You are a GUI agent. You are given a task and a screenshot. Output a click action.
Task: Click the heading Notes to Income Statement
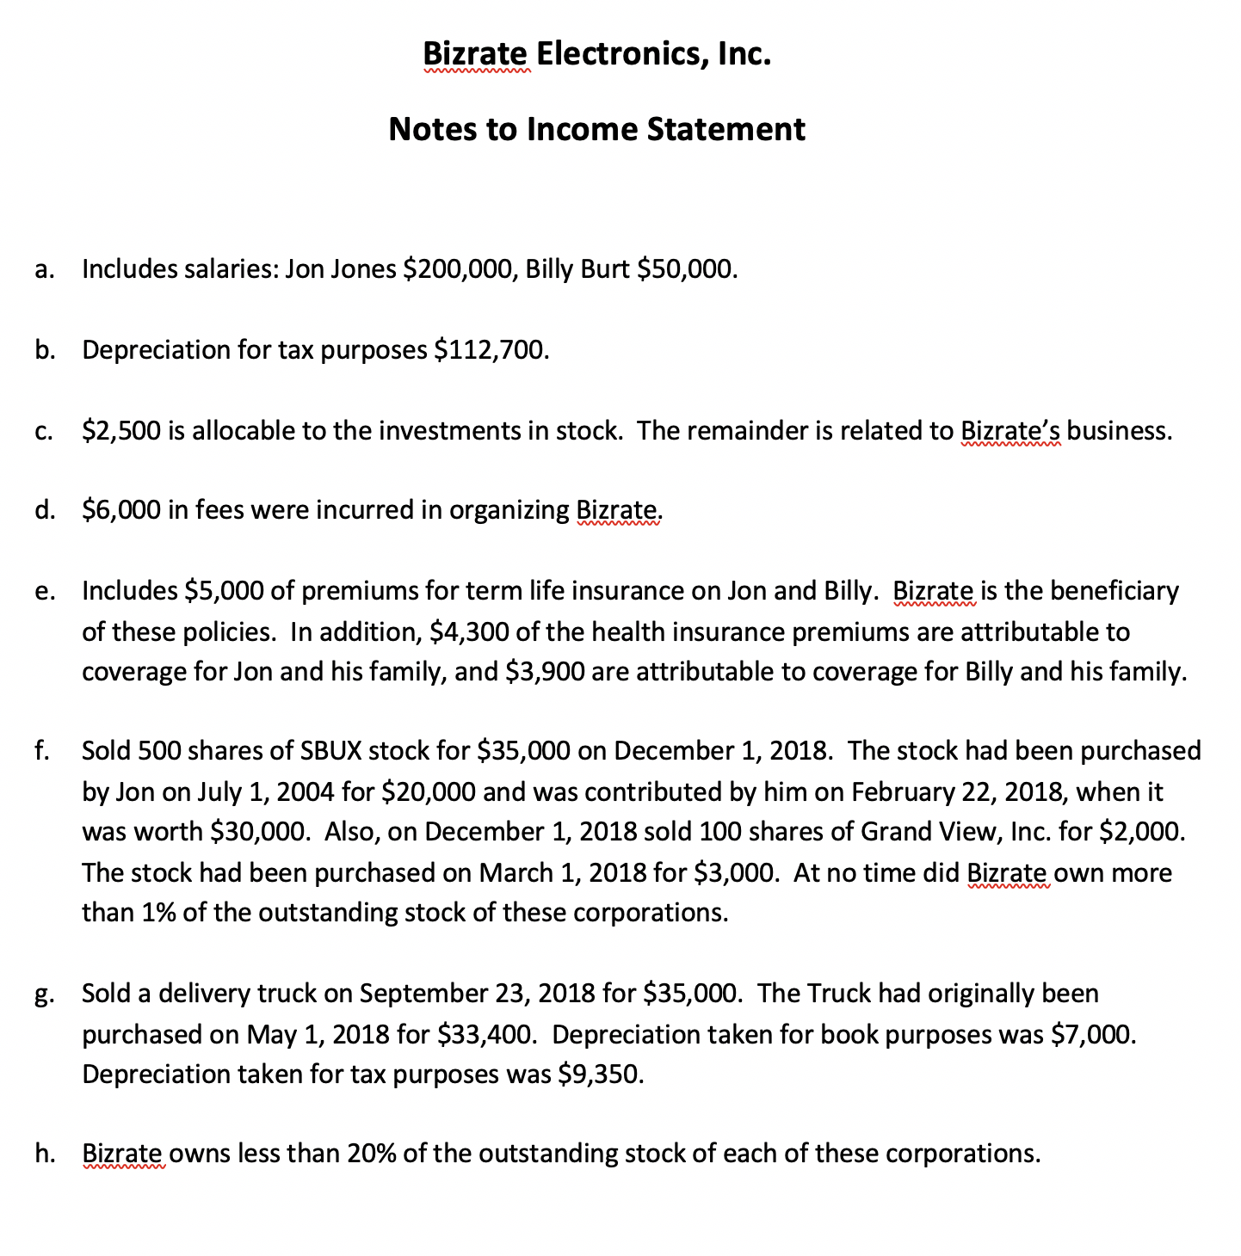tap(596, 129)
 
